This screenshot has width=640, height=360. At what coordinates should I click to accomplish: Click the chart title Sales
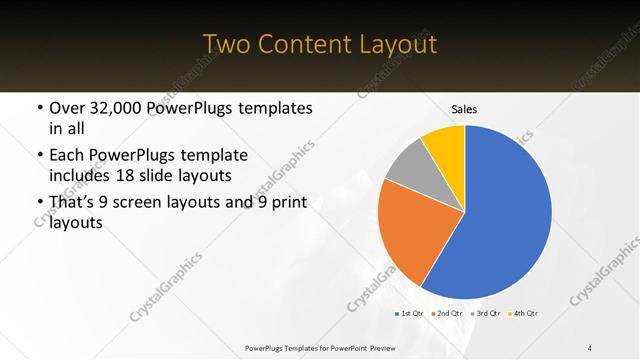coord(464,109)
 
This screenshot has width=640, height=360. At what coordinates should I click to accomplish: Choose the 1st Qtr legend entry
coord(410,314)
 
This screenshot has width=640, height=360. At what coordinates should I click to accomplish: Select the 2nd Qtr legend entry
coord(446,314)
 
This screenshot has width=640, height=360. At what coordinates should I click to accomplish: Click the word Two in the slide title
coord(224,45)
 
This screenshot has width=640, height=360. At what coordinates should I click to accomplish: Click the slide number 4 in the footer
coord(590,347)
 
